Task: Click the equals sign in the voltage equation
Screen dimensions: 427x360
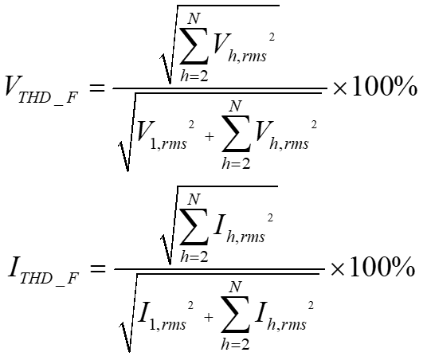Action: click(x=97, y=88)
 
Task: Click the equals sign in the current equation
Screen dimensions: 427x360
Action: click(x=98, y=268)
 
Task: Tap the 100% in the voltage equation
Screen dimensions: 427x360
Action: click(x=385, y=86)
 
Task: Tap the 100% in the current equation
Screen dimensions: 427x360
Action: click(x=382, y=267)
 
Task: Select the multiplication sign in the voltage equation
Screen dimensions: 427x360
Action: click(x=339, y=88)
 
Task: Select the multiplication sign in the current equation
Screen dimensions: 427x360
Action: click(x=338, y=269)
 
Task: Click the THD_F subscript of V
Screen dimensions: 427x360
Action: click(x=48, y=98)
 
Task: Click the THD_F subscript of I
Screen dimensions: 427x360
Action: click(x=49, y=279)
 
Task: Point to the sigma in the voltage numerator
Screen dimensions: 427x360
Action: click(x=194, y=45)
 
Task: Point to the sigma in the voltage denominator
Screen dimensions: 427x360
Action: click(x=236, y=133)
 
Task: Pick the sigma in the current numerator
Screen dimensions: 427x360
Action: click(x=194, y=226)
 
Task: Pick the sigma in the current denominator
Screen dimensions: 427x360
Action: click(x=235, y=315)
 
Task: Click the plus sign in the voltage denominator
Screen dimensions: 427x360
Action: click(x=210, y=137)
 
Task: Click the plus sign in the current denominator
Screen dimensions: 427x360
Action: click(x=209, y=318)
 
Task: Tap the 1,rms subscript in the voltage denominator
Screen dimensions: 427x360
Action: click(x=169, y=143)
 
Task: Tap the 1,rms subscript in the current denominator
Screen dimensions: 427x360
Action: click(x=168, y=324)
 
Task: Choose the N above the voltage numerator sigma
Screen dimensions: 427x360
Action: click(x=194, y=19)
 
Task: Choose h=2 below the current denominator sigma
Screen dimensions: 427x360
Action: click(x=235, y=344)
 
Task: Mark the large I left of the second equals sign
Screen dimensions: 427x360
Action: click(x=14, y=267)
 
